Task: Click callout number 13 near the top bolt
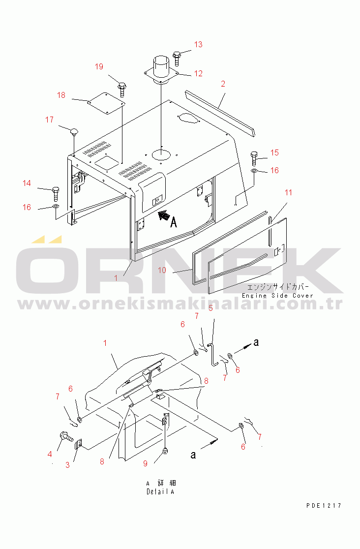point(198,44)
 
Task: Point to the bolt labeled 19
point(122,89)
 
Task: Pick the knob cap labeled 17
point(74,132)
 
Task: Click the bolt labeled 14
point(56,194)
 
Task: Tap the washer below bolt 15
point(255,171)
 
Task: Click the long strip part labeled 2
point(220,113)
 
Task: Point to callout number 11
point(288,192)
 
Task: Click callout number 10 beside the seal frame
point(162,270)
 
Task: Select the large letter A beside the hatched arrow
point(173,222)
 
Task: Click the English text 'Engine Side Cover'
point(277,296)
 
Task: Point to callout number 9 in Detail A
point(146,463)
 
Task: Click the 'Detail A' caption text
point(160,491)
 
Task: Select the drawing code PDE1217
point(324,505)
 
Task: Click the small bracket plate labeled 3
point(79,444)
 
